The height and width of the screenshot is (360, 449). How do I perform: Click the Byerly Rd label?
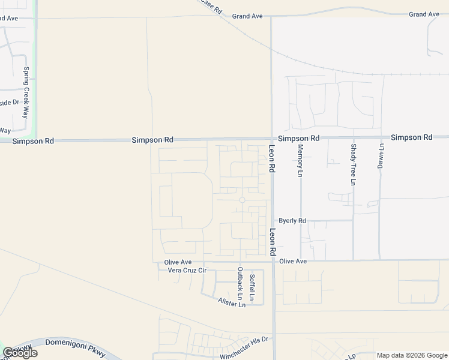[x=292, y=221]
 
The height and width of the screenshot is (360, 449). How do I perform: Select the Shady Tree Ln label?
[x=354, y=164]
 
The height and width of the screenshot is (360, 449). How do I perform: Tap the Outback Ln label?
[x=240, y=284]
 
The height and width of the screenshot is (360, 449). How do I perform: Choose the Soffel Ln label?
[x=252, y=287]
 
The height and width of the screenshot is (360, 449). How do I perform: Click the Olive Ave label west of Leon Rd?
[x=178, y=262]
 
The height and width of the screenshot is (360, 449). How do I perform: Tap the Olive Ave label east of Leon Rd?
[x=293, y=262]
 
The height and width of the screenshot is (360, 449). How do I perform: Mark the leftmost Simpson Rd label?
[x=34, y=141]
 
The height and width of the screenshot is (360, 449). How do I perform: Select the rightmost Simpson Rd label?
[x=411, y=137]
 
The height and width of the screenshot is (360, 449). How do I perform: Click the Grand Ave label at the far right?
[x=424, y=14]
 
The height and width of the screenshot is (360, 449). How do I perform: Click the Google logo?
[x=20, y=353]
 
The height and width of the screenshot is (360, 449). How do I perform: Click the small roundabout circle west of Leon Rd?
[x=242, y=200]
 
